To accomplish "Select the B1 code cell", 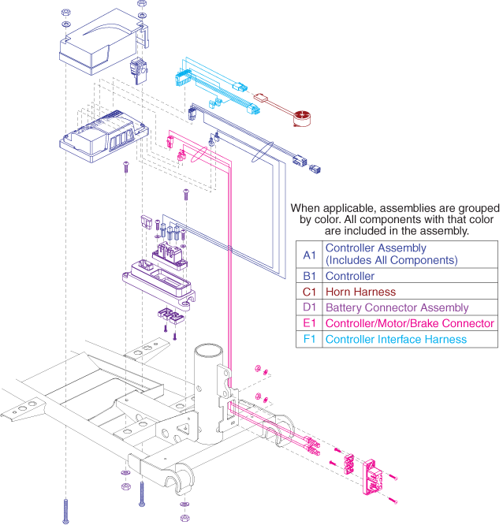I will coord(308,276).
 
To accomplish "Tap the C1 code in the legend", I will coord(308,292).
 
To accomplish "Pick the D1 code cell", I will coord(308,307).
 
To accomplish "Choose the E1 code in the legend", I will coord(308,323).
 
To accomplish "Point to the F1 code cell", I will coord(308,339).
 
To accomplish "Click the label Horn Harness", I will coord(360,292).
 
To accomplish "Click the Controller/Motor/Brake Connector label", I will coord(410,323).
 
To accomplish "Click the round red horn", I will coord(300,119).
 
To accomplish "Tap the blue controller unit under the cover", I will coord(102,134).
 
